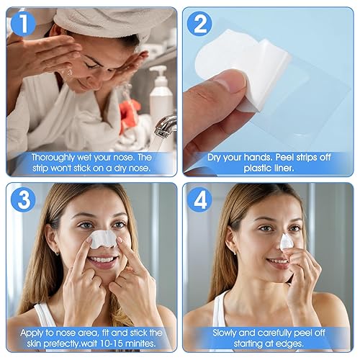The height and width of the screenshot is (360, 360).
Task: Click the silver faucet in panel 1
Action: (x=166, y=126)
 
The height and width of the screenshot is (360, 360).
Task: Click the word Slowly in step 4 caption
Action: (x=228, y=333)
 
